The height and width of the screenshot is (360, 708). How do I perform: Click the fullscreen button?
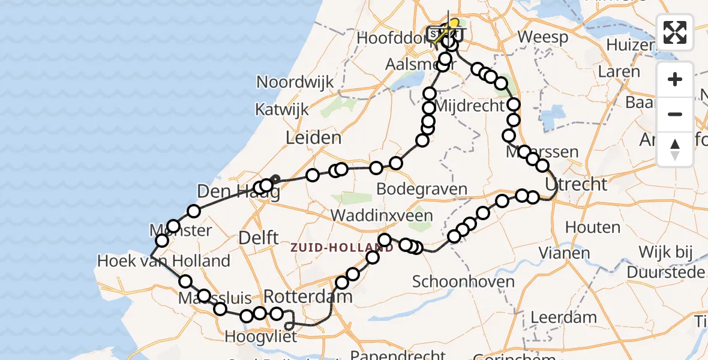(675, 32)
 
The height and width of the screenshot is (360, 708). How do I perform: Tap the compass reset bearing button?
(675, 149)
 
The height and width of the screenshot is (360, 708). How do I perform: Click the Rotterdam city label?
(308, 296)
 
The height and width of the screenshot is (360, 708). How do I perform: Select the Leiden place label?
(313, 138)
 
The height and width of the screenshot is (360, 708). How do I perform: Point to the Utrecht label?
(577, 184)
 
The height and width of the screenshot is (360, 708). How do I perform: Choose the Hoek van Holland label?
(164, 261)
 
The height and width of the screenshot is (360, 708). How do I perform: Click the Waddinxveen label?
(381, 216)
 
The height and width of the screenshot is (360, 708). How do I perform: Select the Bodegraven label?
(421, 189)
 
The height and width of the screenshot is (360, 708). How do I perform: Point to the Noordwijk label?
(295, 82)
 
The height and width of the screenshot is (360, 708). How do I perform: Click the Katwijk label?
(282, 110)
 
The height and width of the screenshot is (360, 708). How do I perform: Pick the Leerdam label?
(564, 317)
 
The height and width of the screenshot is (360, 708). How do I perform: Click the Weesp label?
(543, 37)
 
